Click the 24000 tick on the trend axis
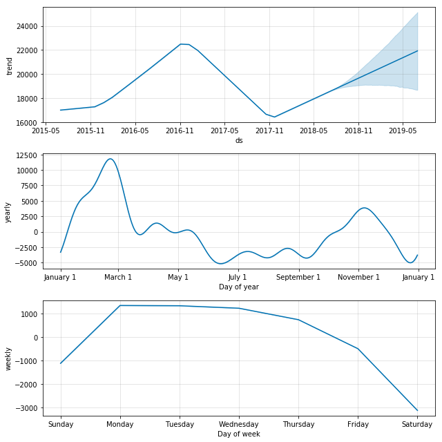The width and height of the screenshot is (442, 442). tap(28, 26)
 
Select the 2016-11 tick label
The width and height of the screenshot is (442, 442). tap(180, 130)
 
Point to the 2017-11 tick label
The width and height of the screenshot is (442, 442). tap(269, 130)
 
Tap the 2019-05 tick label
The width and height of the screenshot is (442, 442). tap(402, 130)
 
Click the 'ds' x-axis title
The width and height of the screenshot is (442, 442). tap(239, 140)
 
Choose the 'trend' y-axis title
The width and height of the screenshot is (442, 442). tap(10, 66)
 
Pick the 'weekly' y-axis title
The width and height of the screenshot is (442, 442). tap(8, 358)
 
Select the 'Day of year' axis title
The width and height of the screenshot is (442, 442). tap(239, 287)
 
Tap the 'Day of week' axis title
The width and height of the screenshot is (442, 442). tap(239, 433)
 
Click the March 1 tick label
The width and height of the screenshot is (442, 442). tap(118, 277)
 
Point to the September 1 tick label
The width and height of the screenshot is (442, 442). tap(298, 277)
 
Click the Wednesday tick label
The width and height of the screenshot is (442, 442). tap(239, 423)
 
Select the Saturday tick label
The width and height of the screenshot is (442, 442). tap(417, 423)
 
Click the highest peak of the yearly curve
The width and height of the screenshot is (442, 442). tap(110, 159)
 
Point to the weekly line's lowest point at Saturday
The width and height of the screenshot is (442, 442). tap(417, 410)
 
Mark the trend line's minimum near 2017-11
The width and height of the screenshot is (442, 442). tap(274, 117)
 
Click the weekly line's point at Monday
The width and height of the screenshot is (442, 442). tap(120, 305)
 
